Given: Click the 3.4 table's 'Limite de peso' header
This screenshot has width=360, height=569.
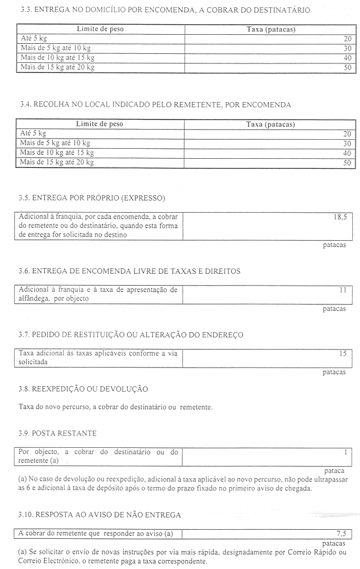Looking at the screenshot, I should [x=99, y=124].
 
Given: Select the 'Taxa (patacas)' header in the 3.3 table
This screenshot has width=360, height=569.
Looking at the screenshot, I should [x=271, y=29].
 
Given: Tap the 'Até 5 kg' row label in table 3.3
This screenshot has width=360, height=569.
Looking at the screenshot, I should [x=33, y=39].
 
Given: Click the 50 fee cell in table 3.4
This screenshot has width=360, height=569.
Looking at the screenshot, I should [x=347, y=163].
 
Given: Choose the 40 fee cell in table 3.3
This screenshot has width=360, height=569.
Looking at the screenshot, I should [x=347, y=58].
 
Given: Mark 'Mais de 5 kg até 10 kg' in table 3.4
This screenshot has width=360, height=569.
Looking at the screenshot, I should [x=55, y=143].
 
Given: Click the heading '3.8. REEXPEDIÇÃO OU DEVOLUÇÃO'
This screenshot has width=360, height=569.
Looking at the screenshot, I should [x=83, y=389].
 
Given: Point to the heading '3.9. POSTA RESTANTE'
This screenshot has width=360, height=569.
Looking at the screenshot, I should [x=57, y=433].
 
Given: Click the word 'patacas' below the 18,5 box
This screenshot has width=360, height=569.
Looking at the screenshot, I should [x=334, y=245].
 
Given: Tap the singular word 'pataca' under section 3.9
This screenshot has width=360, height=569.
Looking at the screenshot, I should [x=335, y=470].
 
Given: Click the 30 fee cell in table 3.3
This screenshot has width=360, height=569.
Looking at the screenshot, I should [x=347, y=48].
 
